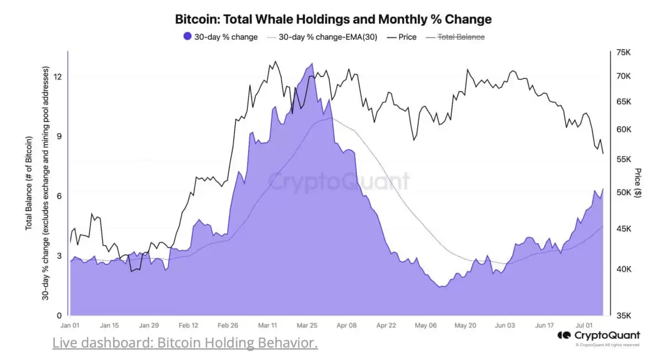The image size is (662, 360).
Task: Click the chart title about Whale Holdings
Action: [333, 19]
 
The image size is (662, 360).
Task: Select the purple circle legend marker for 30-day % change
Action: [188, 37]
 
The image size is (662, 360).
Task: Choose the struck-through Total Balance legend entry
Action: [461, 37]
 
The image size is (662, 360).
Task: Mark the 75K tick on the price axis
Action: [623, 52]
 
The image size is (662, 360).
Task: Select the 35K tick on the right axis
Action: [623, 316]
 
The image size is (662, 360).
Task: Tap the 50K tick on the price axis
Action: [623, 192]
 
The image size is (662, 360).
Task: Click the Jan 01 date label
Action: [72, 326]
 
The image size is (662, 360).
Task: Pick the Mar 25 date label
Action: [307, 326]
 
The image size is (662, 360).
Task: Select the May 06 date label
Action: [425, 326]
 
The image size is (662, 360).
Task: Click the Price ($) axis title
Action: [638, 182]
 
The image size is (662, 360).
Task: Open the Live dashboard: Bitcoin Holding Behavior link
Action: [185, 343]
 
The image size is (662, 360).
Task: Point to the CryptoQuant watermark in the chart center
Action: [339, 181]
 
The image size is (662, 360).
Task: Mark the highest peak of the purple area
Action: [312, 63]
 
